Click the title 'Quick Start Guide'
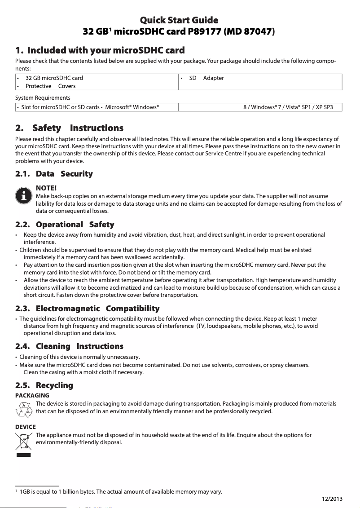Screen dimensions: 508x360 click(x=180, y=20)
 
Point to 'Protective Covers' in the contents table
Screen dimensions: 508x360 click(x=50, y=86)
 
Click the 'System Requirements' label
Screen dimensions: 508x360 click(x=43, y=97)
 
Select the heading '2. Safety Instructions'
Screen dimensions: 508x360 click(x=69, y=128)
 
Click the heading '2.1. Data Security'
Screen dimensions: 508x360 click(x=54, y=174)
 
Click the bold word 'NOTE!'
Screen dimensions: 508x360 click(x=46, y=188)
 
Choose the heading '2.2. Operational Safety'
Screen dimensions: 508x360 click(x=65, y=225)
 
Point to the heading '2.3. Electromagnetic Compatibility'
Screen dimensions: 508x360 click(x=87, y=309)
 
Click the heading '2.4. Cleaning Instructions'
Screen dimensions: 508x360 click(x=69, y=346)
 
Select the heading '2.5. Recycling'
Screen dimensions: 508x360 click(x=44, y=385)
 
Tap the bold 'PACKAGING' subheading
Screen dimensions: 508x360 click(x=32, y=395)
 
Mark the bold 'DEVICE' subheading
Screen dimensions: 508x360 click(x=26, y=427)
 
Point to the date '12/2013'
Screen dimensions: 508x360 click(x=332, y=499)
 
